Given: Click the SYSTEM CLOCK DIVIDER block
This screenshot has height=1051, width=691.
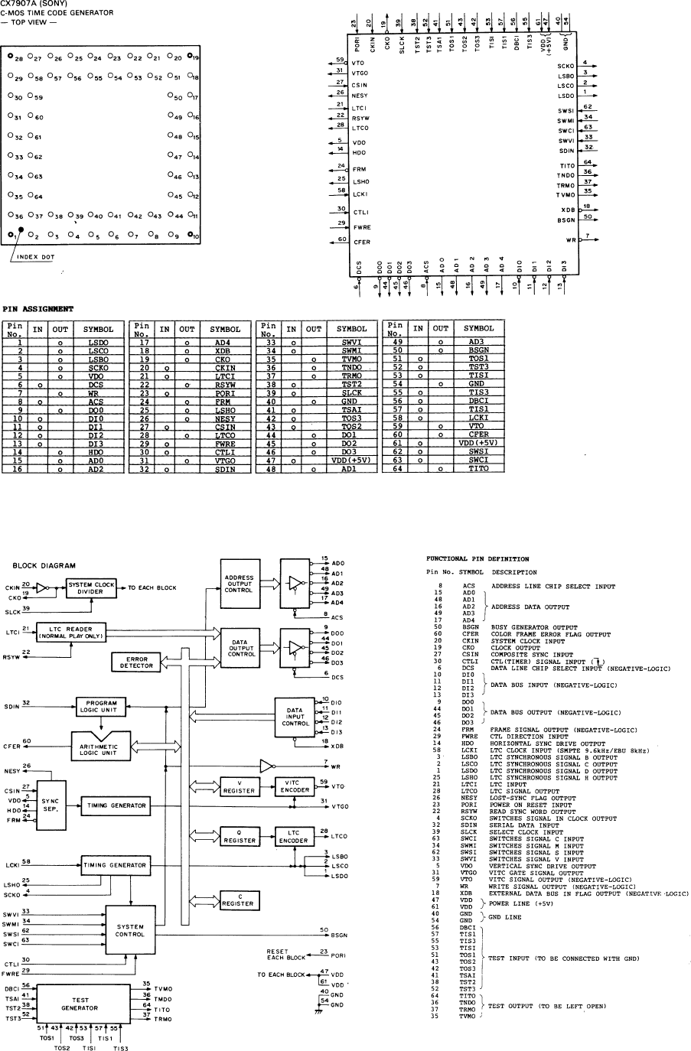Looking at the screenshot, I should click(x=90, y=587).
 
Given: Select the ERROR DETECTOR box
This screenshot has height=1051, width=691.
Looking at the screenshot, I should click(x=134, y=662).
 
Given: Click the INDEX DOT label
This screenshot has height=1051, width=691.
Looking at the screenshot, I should click(x=36, y=257).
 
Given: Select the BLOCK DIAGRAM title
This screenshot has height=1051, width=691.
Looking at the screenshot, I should click(x=44, y=565).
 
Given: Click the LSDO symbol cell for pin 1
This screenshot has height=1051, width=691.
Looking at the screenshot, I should click(x=99, y=342).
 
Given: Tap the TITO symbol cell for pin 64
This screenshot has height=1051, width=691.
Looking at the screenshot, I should click(x=479, y=469).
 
